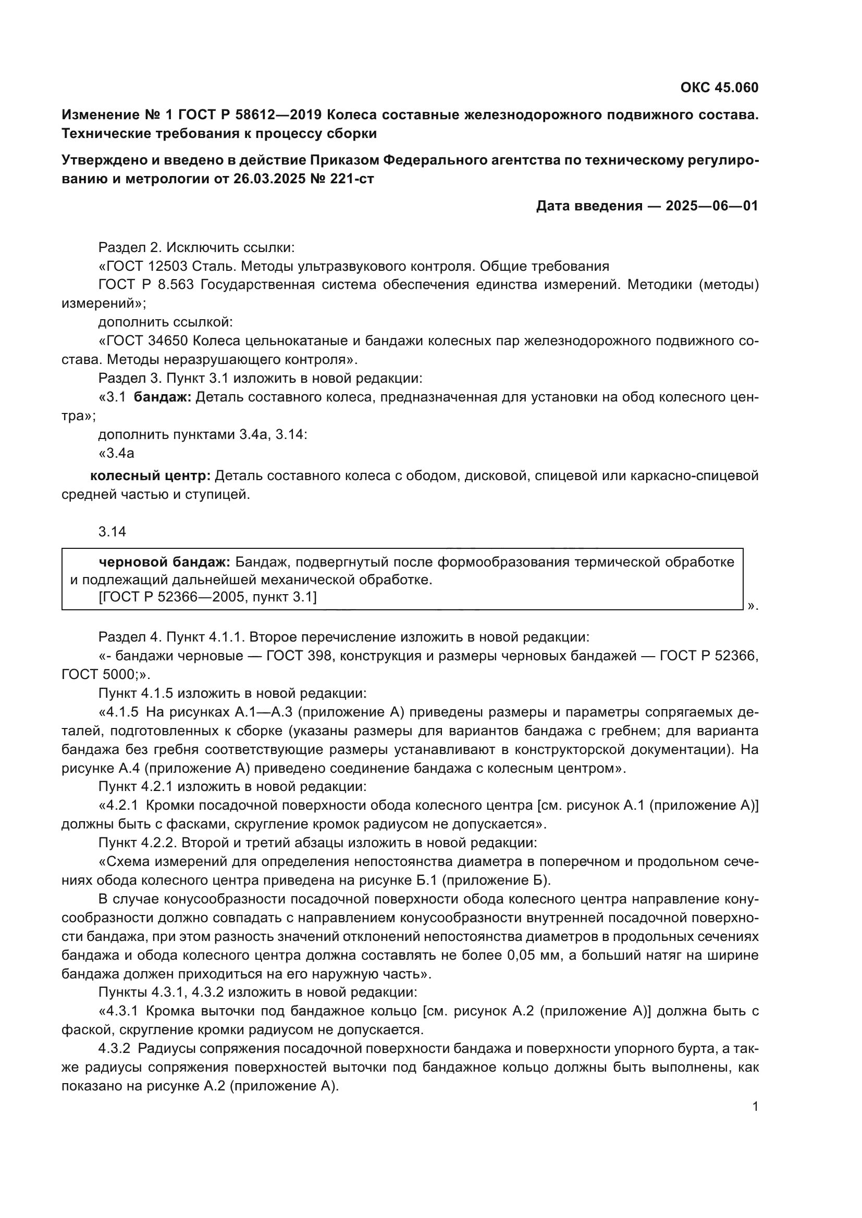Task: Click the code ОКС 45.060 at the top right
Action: point(719,87)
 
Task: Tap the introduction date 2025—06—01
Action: point(712,206)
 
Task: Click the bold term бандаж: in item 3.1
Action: point(162,397)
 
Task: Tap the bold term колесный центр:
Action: point(150,476)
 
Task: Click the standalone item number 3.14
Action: point(112,532)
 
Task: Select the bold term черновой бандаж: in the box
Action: point(164,562)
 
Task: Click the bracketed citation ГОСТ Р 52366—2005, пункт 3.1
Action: point(207,597)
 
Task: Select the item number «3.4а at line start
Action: point(116,454)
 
